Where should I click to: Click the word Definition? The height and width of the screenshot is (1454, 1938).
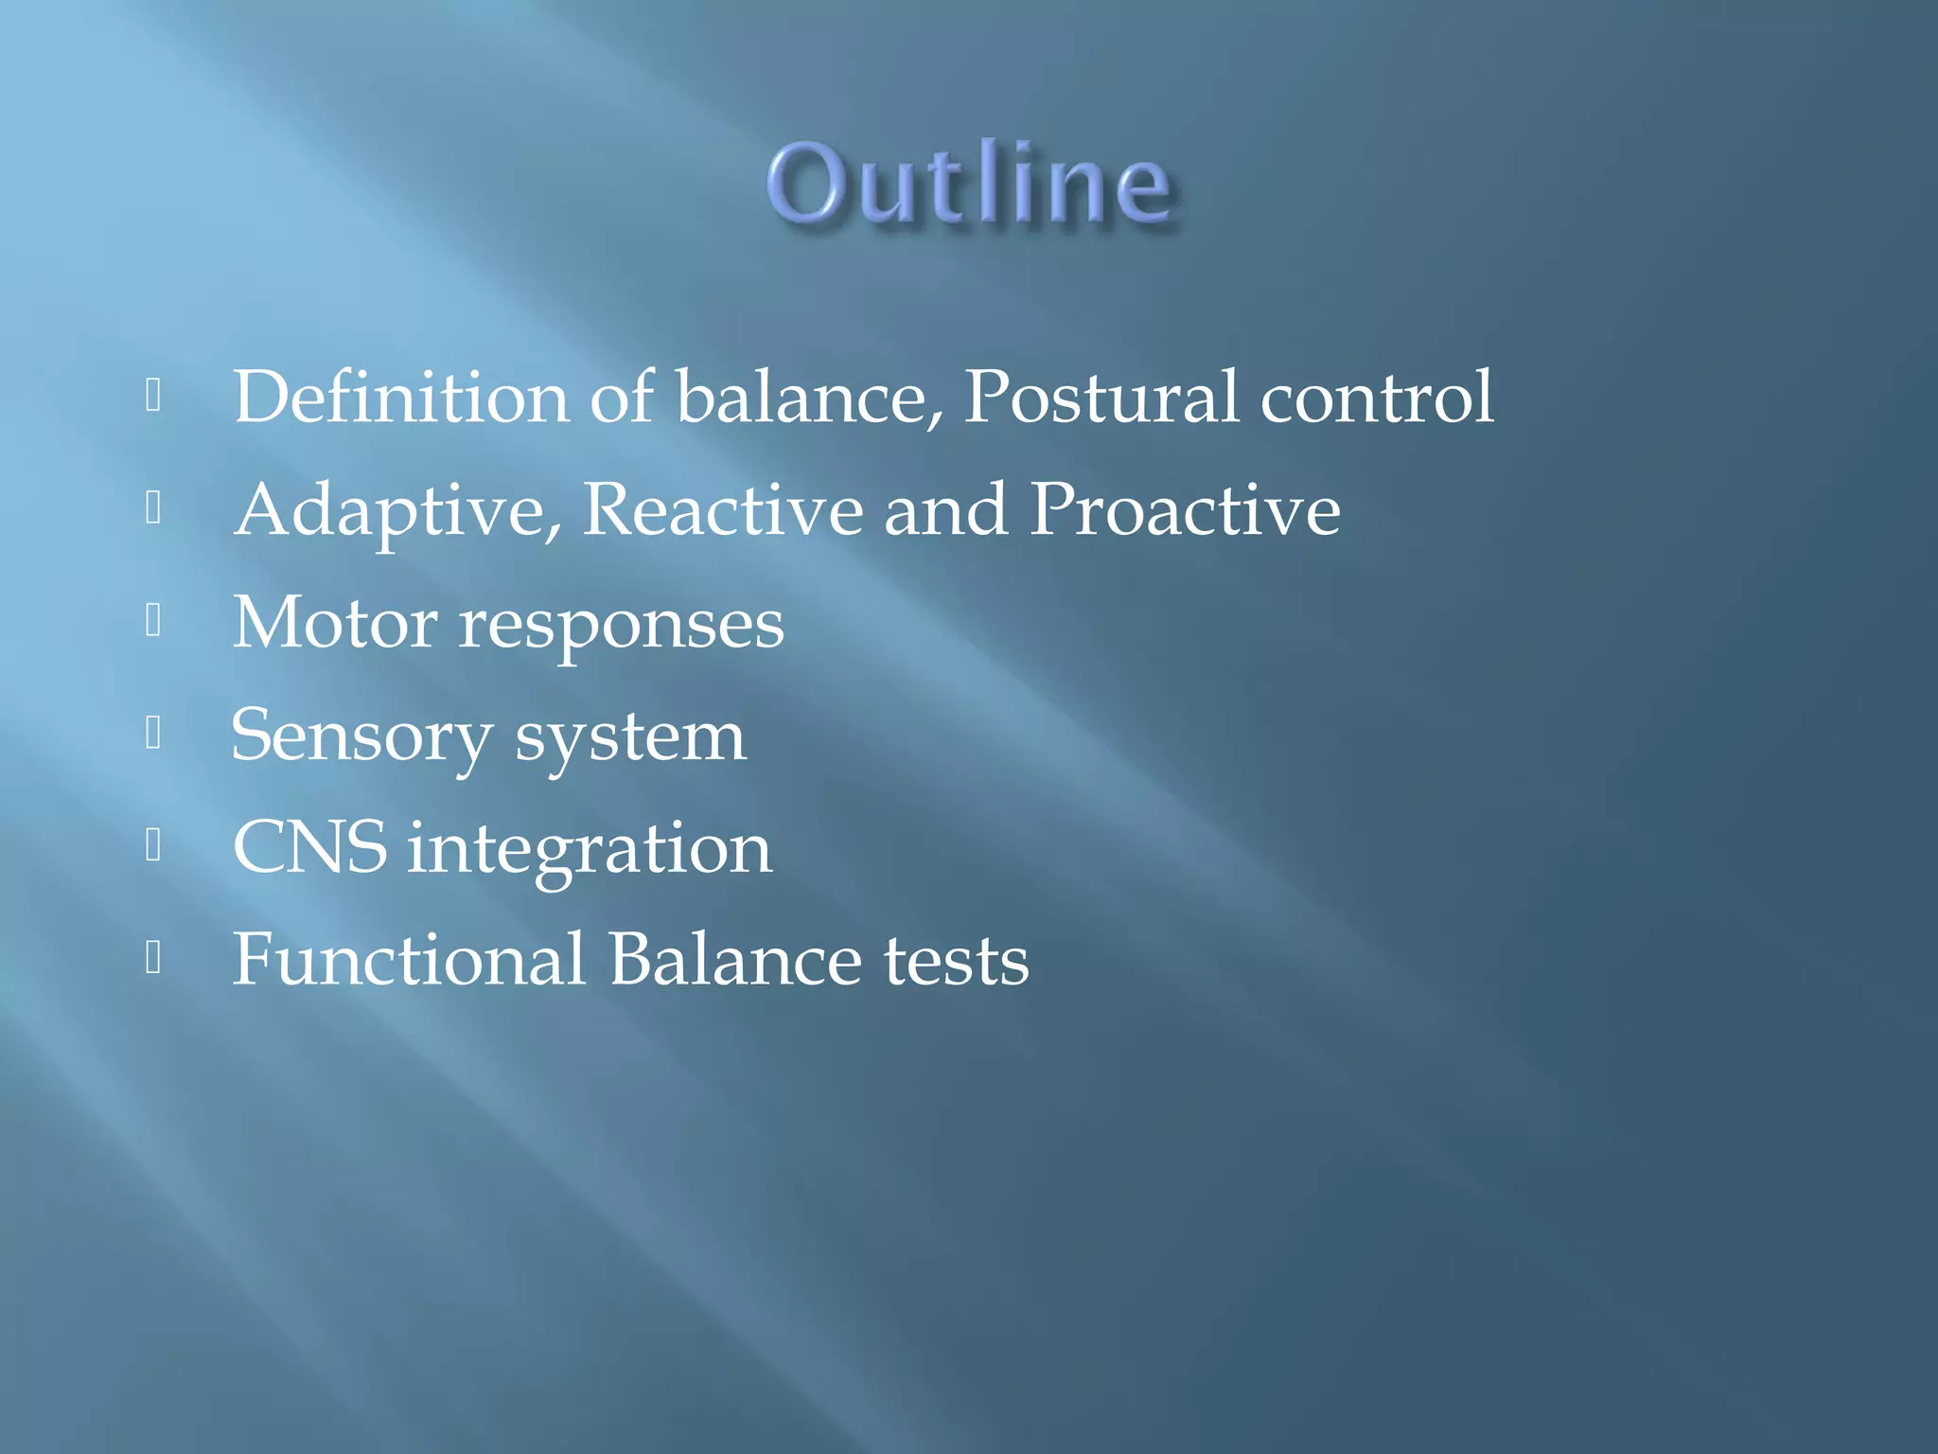point(400,397)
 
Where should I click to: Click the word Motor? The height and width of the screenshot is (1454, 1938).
point(334,623)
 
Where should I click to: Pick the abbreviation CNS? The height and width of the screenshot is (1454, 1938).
point(310,847)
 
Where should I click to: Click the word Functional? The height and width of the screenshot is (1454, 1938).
point(409,960)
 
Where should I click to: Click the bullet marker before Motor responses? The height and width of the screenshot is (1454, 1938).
point(154,621)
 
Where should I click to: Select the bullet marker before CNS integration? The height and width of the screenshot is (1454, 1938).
point(154,845)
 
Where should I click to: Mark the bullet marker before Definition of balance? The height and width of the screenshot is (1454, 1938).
point(154,396)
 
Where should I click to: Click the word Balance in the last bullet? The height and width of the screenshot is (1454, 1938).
point(734,960)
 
